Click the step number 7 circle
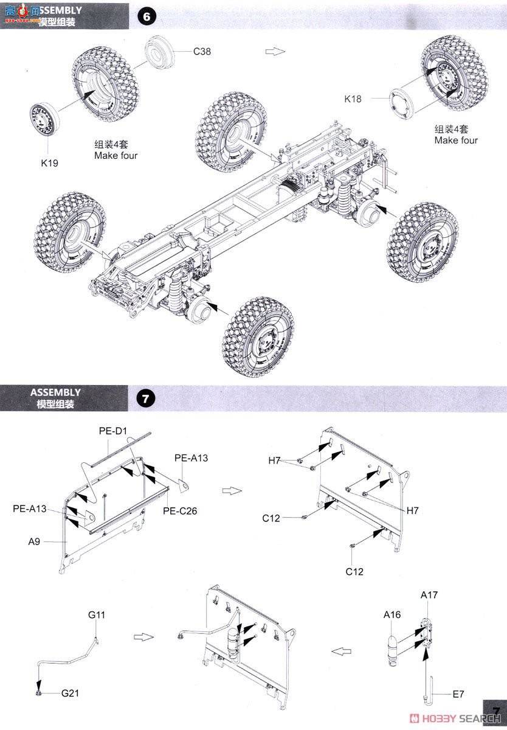[146, 400]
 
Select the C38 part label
[202, 52]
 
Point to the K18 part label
[353, 98]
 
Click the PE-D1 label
[112, 431]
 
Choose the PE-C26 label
[180, 511]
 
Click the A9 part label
[34, 540]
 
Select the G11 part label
[97, 615]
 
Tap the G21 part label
[69, 693]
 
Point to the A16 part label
[392, 614]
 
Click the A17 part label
[429, 595]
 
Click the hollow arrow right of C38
[275, 52]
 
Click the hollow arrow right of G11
[141, 637]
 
